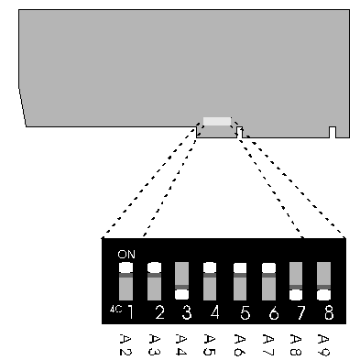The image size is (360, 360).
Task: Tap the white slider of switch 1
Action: tap(126, 267)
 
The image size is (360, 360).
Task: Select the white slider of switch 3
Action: tap(182, 294)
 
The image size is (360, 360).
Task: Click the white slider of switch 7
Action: tap(295, 294)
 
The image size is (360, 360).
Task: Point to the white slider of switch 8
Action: tap(323, 294)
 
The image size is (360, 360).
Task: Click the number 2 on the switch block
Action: tap(158, 313)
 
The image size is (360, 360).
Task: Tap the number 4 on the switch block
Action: tap(214, 313)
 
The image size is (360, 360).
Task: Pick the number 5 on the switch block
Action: tap(243, 313)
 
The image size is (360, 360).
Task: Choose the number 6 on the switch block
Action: tap(270, 313)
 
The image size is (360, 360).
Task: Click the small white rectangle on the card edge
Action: tap(217, 121)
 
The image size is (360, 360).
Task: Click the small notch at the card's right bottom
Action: tap(333, 132)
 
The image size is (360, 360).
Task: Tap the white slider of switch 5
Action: tap(239, 268)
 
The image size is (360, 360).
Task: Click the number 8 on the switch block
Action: tap(327, 313)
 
